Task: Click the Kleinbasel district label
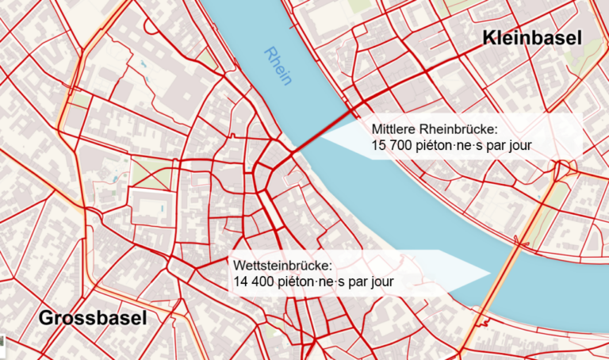click(x=531, y=36)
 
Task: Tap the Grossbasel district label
click(x=93, y=319)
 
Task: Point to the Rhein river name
click(x=279, y=64)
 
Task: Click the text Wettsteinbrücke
click(x=282, y=265)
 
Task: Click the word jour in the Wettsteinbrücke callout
click(x=379, y=281)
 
